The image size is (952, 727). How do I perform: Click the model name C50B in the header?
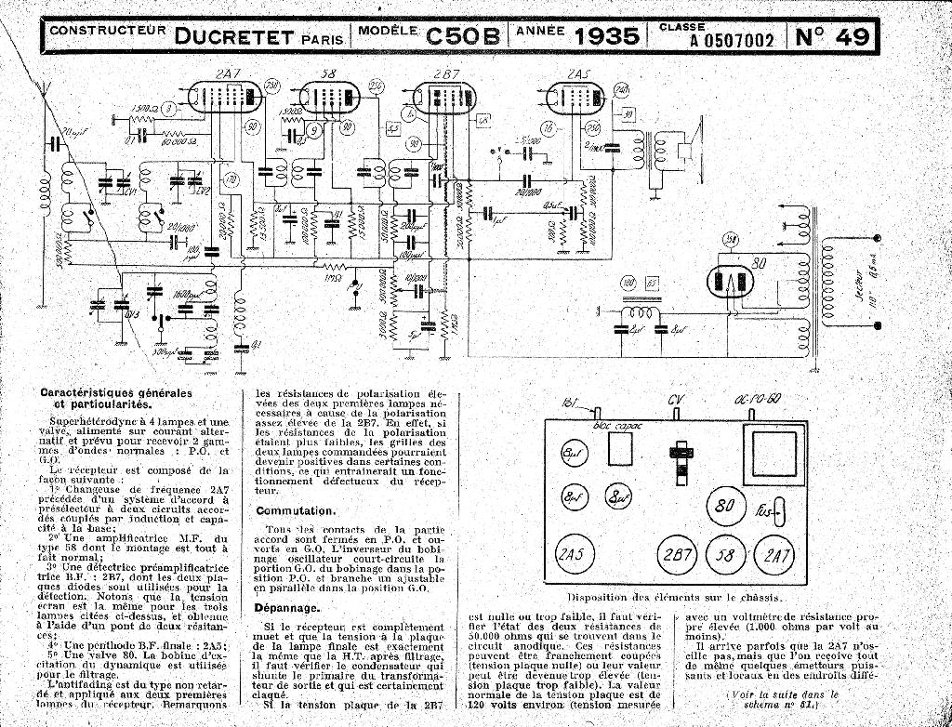(x=463, y=36)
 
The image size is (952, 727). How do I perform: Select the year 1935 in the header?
(x=607, y=36)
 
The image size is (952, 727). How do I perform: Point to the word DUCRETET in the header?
(x=235, y=36)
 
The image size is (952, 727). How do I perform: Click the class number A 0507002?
(x=732, y=40)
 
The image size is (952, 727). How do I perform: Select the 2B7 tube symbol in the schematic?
(x=443, y=99)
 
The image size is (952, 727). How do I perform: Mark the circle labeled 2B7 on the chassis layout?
(x=677, y=555)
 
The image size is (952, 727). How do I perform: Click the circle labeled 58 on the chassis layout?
(x=724, y=555)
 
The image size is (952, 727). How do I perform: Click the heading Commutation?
(x=295, y=511)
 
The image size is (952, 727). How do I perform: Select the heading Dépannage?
(x=288, y=608)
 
